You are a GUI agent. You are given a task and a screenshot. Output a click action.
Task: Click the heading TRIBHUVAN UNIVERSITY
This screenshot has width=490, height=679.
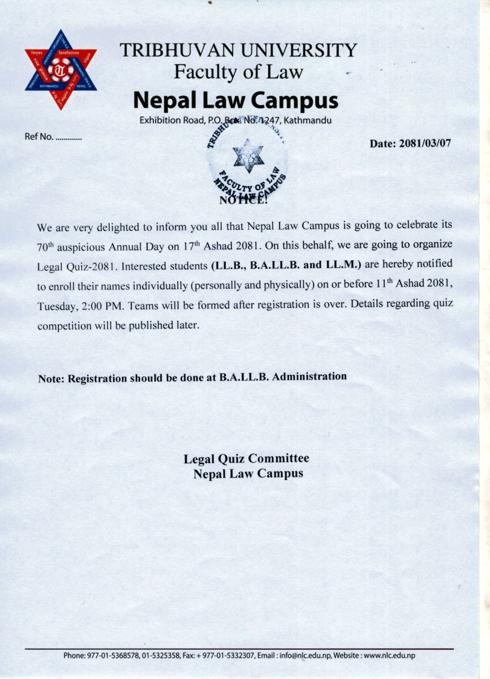tap(238, 50)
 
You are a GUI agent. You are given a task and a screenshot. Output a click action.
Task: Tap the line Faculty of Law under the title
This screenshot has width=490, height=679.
tap(238, 72)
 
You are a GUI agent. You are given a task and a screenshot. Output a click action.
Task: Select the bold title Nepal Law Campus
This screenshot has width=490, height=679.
tap(235, 100)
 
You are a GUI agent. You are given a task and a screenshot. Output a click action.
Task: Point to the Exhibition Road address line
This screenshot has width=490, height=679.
tap(235, 120)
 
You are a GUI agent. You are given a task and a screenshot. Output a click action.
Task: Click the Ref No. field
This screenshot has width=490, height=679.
tap(54, 137)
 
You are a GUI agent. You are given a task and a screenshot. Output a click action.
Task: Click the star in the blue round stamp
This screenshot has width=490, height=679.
tap(248, 156)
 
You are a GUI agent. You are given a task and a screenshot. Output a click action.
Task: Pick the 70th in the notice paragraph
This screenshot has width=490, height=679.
tap(46, 248)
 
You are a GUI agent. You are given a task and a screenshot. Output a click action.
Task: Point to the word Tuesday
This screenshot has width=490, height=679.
tap(55, 306)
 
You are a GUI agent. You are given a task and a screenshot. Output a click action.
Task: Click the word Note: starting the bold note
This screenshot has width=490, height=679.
tap(51, 379)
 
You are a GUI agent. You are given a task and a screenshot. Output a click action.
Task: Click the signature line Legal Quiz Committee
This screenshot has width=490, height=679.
tap(246, 458)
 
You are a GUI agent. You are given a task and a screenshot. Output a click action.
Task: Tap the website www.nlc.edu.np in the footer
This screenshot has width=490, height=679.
tap(389, 655)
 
